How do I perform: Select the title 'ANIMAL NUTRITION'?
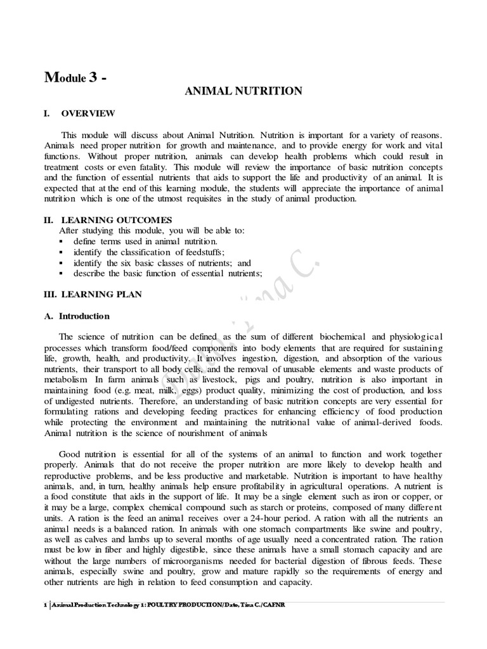point(243,92)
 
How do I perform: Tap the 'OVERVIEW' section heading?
point(88,113)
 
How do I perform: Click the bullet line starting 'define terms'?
point(145,241)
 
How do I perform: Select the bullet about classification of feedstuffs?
point(148,252)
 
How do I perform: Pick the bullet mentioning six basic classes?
point(162,262)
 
